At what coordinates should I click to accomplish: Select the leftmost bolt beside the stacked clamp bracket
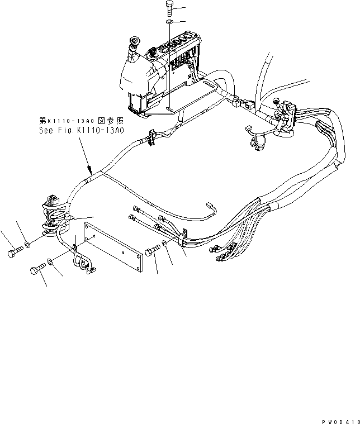tap(14, 254)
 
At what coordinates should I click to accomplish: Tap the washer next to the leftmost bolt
tap(27, 244)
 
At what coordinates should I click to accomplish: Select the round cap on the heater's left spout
tap(134, 41)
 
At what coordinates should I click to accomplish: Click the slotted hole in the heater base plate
tap(214, 86)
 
